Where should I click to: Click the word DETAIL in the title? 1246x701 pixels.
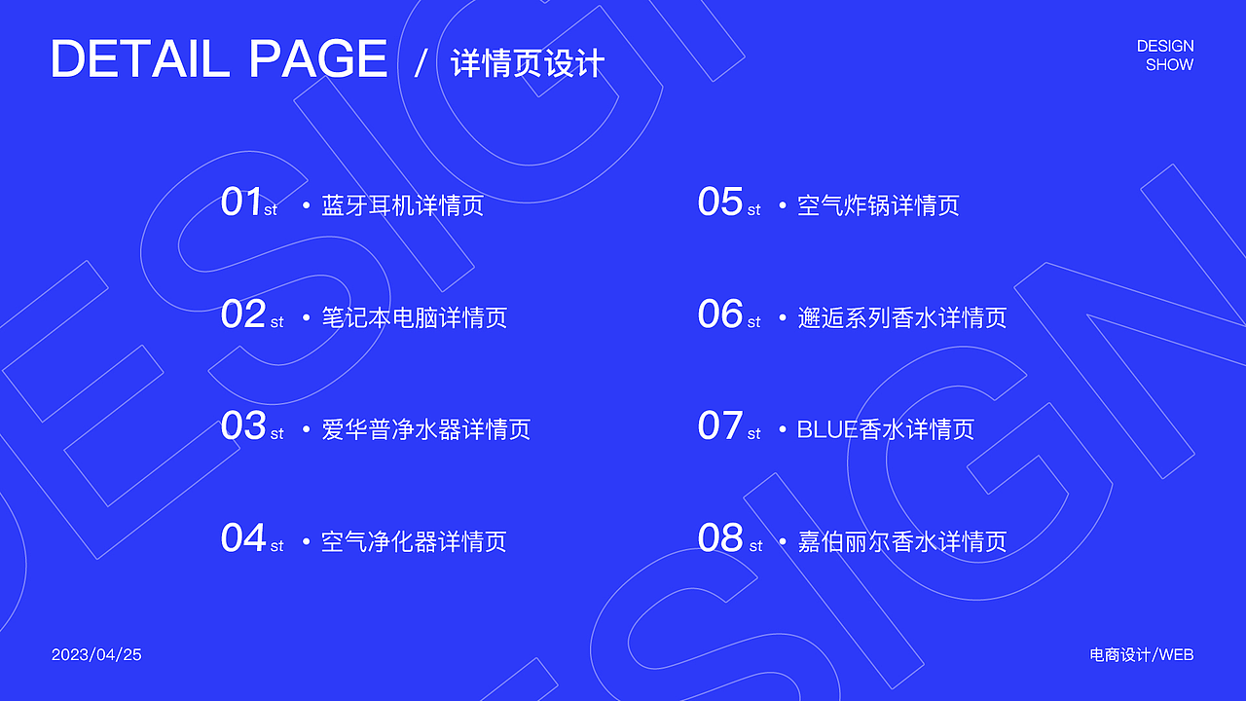(139, 60)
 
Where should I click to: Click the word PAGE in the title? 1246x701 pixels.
(318, 60)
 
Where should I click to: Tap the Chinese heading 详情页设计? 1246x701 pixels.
(528, 63)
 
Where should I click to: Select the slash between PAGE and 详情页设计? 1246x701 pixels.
(421, 63)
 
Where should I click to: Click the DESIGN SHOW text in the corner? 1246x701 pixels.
(1165, 55)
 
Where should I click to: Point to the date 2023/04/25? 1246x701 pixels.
(96, 654)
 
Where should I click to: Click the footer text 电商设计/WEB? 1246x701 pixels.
(1141, 654)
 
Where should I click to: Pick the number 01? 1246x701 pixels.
(241, 203)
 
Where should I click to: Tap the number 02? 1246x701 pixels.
(243, 314)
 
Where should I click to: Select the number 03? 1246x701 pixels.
(243, 426)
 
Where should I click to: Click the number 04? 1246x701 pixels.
(243, 538)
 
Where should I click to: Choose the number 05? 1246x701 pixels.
(720, 203)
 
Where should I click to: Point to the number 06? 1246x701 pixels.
(720, 314)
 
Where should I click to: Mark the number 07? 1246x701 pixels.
(720, 426)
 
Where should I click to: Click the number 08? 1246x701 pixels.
(720, 538)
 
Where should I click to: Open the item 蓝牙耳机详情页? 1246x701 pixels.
(402, 205)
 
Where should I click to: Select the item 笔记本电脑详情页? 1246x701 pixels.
(414, 317)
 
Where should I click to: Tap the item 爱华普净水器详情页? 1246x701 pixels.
(425, 429)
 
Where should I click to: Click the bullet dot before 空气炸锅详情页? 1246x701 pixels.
(782, 206)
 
